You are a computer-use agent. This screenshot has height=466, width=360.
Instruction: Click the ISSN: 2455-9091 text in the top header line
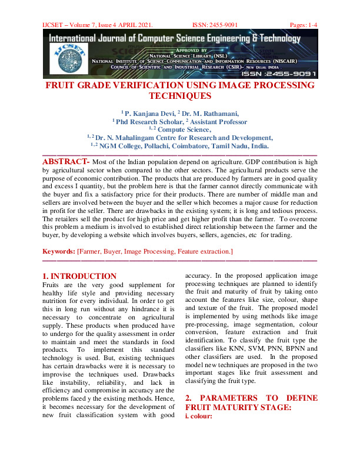click(x=215, y=25)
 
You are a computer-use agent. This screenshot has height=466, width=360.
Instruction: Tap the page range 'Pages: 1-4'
click(x=304, y=25)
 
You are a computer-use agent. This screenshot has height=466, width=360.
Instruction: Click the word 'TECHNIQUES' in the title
click(x=179, y=96)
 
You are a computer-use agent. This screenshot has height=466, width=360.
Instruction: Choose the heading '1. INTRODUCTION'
click(x=80, y=276)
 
